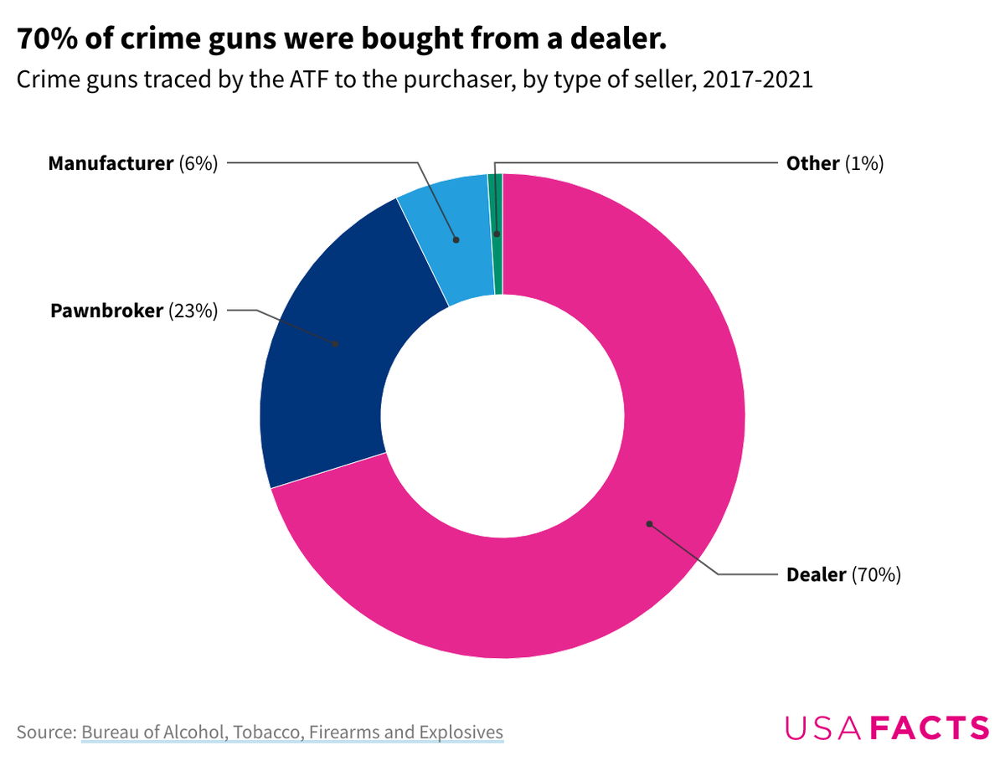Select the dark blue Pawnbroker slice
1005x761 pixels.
coord(335,352)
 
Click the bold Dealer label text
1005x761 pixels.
coord(816,575)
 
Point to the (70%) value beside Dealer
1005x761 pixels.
coord(876,575)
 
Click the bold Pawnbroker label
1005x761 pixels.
coord(106,311)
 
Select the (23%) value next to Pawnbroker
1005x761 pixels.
coord(193,311)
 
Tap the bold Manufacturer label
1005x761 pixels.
coord(110,163)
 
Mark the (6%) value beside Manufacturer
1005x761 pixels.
coord(198,163)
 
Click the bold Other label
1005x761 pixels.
coord(812,163)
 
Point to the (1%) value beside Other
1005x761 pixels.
coord(864,163)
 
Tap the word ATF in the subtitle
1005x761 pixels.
coord(301,81)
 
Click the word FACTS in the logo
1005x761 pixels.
coord(930,727)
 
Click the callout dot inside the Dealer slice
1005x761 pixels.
coord(648,524)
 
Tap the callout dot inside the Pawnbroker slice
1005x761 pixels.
coord(335,343)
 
